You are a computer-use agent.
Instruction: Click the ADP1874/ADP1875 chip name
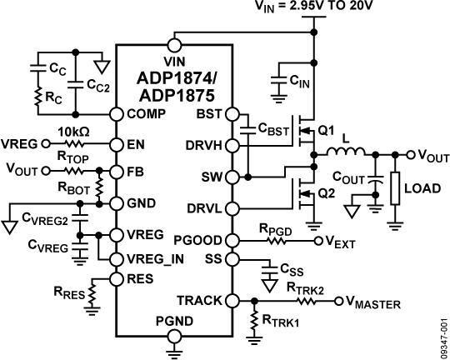174,87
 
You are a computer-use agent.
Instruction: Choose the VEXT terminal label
341,242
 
